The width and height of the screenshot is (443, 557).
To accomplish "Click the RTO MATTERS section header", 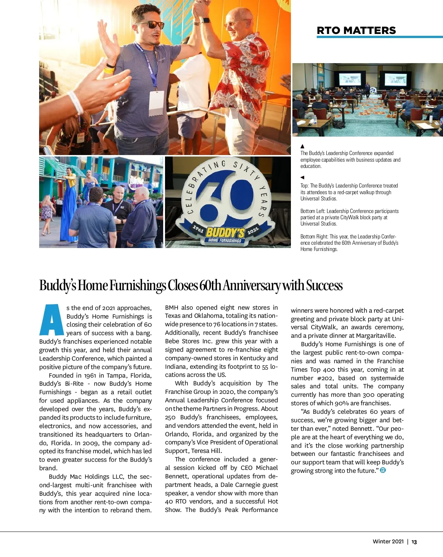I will [356, 30].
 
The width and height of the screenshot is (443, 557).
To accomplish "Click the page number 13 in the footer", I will [414, 542].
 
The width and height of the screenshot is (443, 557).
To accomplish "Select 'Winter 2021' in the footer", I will [388, 541].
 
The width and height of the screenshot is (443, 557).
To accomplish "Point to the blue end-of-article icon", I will [383, 470].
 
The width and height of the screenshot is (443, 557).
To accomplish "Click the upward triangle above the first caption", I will [302, 147].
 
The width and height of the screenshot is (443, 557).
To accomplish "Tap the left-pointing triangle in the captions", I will [302, 178].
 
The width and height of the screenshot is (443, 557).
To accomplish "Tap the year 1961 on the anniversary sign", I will [198, 229].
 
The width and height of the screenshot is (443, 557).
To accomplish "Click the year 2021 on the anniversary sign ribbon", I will [253, 231].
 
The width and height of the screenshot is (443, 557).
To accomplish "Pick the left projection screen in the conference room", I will [349, 79].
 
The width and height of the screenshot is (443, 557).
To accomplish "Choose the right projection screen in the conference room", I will [395, 79].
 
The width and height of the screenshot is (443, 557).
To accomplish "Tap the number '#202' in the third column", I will [325, 378].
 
